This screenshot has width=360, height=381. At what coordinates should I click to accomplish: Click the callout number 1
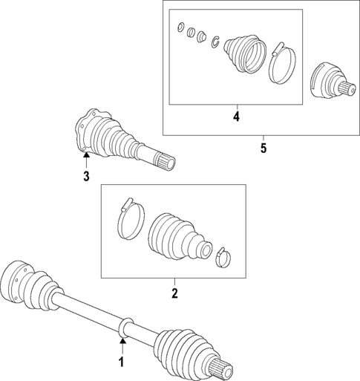(122, 362)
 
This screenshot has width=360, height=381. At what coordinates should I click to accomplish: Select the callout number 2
(174, 293)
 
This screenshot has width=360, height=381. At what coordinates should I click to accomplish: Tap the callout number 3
(86, 177)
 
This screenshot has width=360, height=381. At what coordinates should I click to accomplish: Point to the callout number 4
(236, 117)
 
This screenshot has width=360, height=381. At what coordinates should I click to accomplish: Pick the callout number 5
(264, 148)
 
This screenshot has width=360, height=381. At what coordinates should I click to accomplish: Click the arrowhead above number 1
(122, 341)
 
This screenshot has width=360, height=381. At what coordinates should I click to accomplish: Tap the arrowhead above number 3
(86, 155)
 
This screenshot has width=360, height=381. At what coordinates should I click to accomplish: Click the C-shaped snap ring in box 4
(215, 42)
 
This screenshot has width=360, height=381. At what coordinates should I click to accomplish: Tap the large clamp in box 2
(131, 218)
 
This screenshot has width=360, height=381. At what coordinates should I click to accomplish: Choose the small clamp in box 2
(223, 258)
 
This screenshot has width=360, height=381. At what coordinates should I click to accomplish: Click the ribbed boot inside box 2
(180, 236)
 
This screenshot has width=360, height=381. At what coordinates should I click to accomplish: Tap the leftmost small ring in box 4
(181, 27)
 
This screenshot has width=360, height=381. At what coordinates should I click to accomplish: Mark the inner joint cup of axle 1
(18, 281)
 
